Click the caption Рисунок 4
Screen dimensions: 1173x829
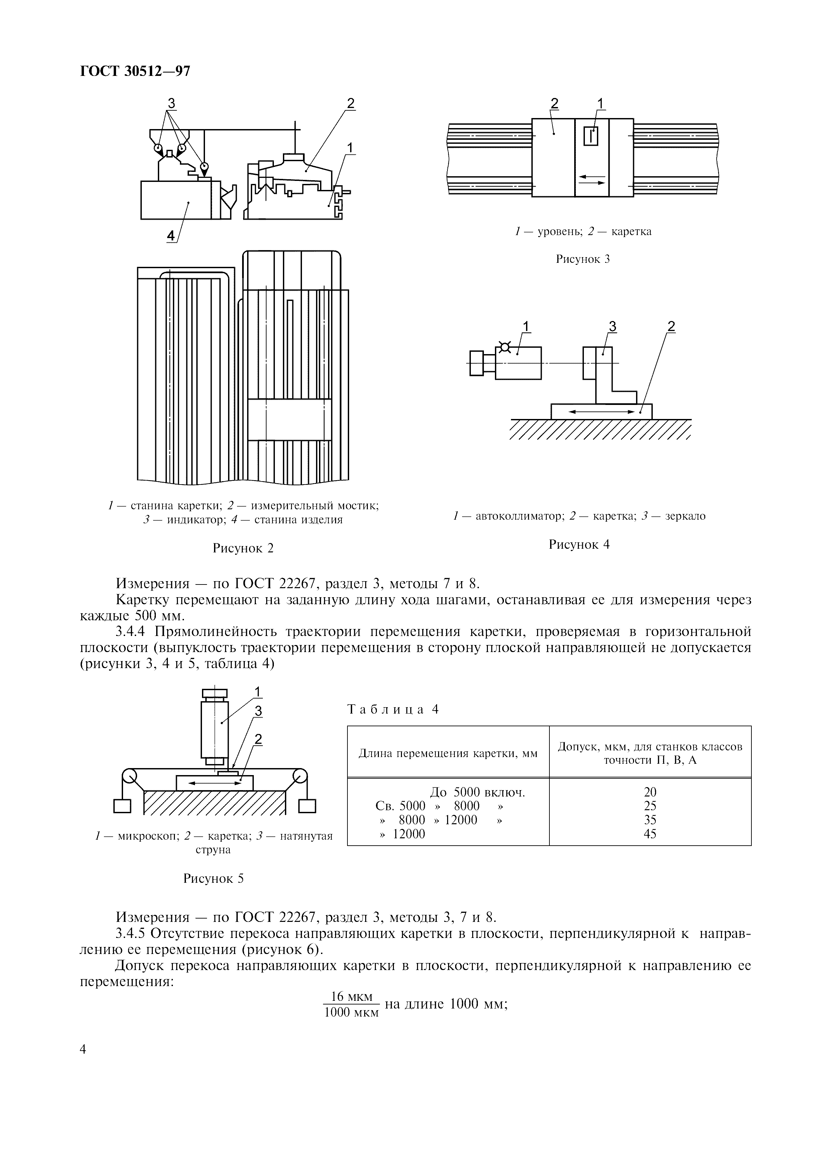pyautogui.click(x=579, y=545)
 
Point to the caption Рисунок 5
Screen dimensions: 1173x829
pyautogui.click(x=213, y=879)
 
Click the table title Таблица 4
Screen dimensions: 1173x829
pyautogui.click(x=393, y=709)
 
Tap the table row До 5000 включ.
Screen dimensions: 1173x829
pyautogui.click(x=478, y=792)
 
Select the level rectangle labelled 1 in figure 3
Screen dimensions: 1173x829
pyautogui.click(x=591, y=136)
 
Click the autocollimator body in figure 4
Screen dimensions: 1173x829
pyautogui.click(x=518, y=363)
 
